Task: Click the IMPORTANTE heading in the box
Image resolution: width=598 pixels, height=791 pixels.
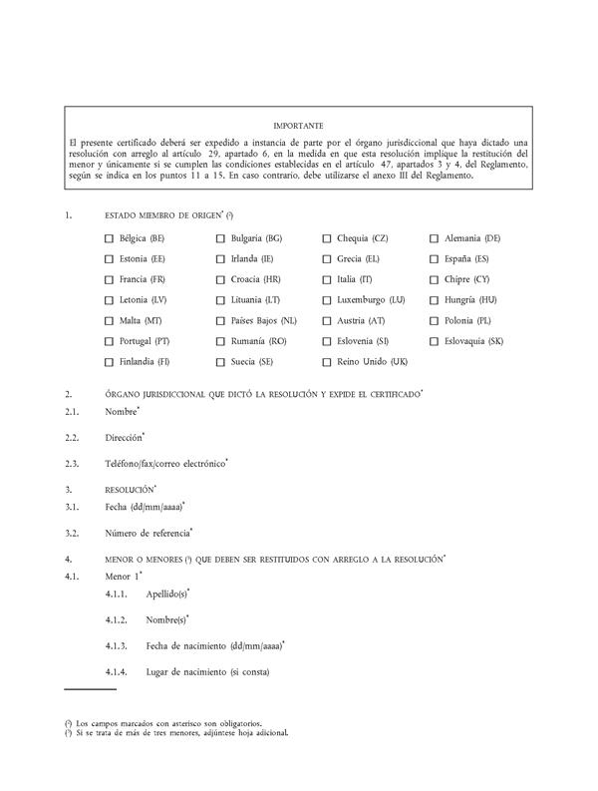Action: (298, 126)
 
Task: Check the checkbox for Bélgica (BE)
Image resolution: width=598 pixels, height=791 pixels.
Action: (109, 238)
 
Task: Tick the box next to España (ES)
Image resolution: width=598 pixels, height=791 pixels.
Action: (435, 258)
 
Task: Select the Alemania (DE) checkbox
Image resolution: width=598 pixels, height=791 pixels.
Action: (435, 238)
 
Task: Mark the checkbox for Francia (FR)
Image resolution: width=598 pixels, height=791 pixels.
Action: (109, 279)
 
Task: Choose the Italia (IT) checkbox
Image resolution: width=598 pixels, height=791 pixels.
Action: (327, 279)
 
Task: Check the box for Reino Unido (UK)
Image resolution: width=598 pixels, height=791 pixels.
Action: (327, 361)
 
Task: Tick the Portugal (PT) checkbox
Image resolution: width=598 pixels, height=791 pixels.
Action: (109, 340)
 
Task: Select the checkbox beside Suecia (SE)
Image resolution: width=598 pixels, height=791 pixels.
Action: (220, 361)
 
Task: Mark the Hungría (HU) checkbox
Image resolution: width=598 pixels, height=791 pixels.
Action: (435, 299)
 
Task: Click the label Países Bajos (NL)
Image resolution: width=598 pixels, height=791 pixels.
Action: (263, 320)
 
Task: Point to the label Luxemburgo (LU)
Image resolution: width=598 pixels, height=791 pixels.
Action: (370, 299)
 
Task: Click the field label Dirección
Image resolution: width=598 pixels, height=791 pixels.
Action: (124, 437)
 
